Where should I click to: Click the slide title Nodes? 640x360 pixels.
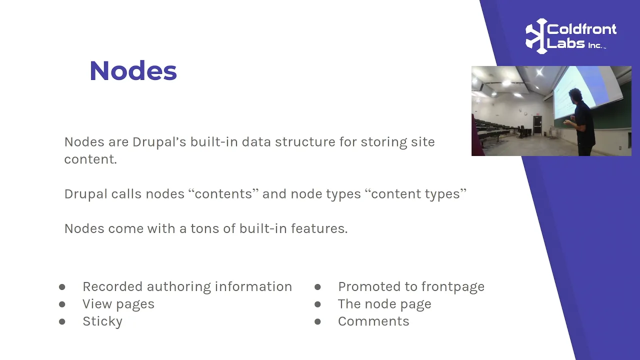click(133, 70)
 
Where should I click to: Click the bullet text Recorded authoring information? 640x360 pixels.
click(187, 286)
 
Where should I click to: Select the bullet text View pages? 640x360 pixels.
click(118, 304)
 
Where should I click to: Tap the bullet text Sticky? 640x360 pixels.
click(102, 321)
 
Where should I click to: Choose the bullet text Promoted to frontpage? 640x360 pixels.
click(411, 286)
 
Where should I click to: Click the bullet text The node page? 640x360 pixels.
click(384, 304)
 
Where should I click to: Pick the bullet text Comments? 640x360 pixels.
click(373, 321)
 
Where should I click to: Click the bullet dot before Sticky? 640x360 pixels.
click(62, 321)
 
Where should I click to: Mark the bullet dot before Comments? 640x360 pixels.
click(317, 321)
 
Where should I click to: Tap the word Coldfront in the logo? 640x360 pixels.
click(581, 29)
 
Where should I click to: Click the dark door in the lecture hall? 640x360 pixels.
click(537, 125)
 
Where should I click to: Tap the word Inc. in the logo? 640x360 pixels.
click(595, 45)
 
